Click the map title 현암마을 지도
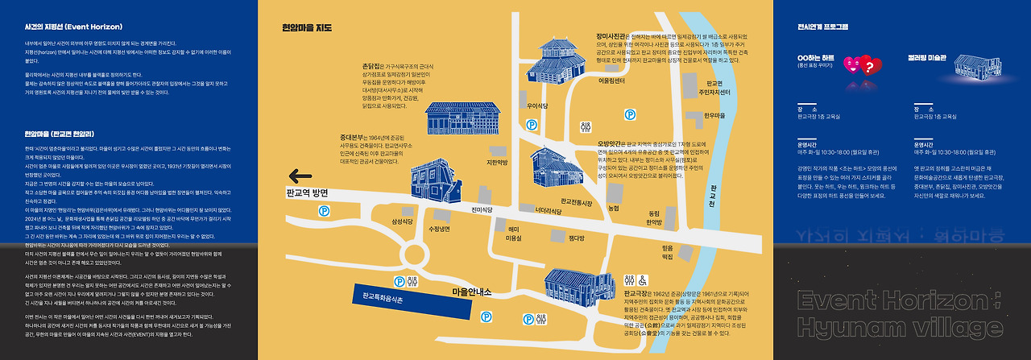point(307,27)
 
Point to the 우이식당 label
point(537,106)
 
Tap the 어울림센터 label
point(612,81)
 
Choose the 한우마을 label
point(715,115)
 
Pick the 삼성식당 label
point(402,221)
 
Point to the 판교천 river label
point(710,192)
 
